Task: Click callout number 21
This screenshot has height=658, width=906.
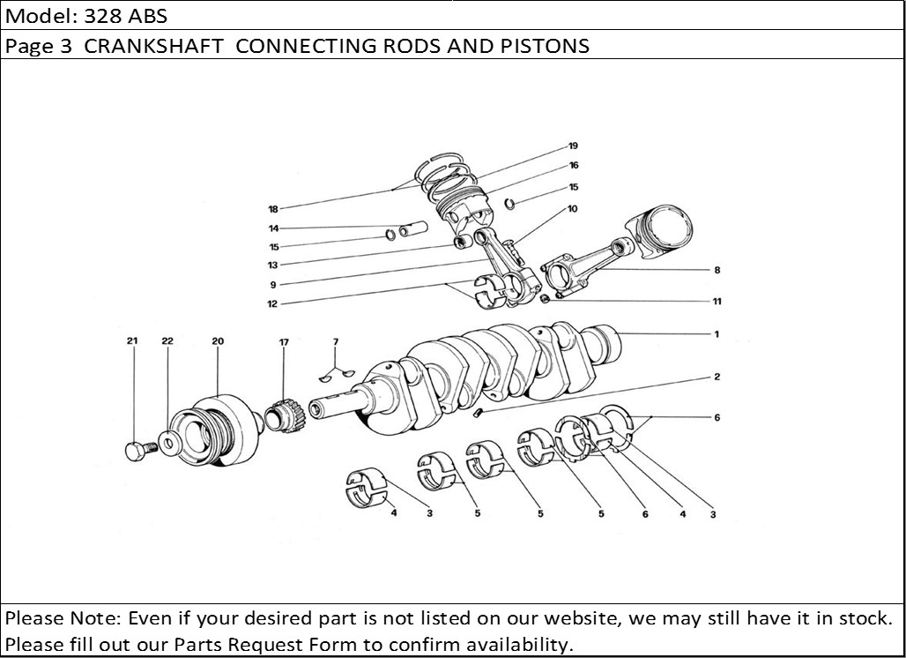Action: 132,340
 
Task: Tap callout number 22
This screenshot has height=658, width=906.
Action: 167,340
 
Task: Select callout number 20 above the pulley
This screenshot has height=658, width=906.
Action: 218,340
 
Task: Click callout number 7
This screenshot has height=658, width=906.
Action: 335,340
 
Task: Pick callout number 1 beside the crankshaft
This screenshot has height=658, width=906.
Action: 717,334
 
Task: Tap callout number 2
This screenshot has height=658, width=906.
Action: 717,377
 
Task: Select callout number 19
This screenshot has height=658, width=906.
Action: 573,146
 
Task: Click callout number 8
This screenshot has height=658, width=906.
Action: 717,269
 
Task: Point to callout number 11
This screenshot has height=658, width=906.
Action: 717,302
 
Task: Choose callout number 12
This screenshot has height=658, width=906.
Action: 273,304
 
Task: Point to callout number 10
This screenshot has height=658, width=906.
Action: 573,209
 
